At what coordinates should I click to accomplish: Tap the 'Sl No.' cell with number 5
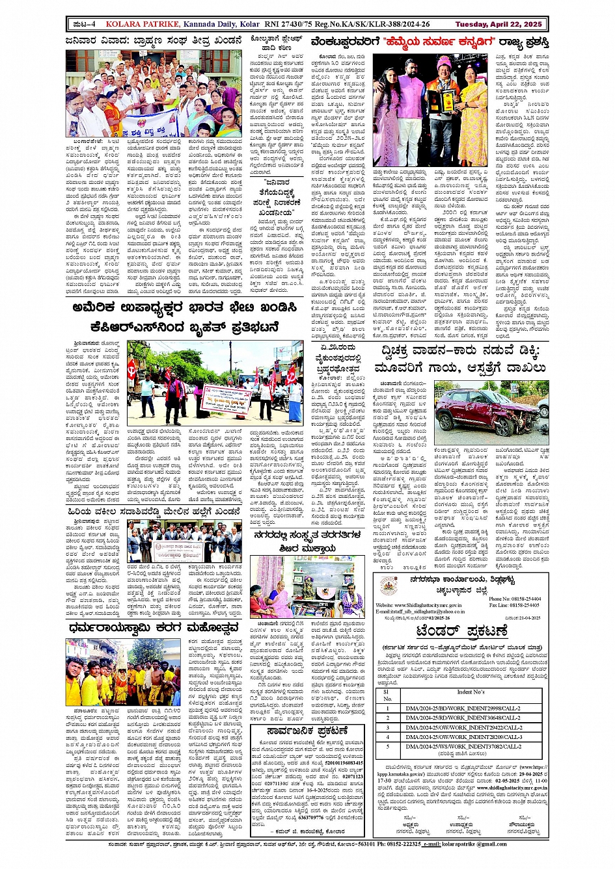coord(387,746)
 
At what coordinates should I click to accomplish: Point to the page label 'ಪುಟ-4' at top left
coord(85,24)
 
